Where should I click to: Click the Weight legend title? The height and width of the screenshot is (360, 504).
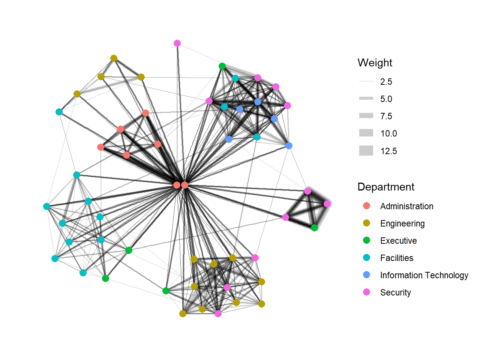tap(375, 63)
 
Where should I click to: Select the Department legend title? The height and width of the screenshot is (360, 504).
tap(385, 187)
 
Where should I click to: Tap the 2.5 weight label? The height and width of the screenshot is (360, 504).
tap(386, 82)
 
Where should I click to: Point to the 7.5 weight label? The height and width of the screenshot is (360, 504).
tap(386, 116)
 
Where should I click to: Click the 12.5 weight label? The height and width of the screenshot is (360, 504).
tap(388, 151)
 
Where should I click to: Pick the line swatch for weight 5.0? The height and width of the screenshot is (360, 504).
tap(366, 99)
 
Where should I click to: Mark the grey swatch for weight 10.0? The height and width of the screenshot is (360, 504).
tap(366, 133)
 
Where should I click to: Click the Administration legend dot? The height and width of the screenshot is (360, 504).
tap(367, 206)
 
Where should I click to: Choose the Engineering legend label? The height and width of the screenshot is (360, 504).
tap(402, 223)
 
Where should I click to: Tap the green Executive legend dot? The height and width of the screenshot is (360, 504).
tap(367, 240)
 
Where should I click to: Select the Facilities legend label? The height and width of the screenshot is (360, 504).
tap(396, 258)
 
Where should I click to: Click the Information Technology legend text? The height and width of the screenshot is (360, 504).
tap(424, 275)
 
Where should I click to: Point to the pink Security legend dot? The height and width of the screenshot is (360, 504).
tap(367, 292)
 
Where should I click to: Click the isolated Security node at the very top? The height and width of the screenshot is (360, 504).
tap(177, 43)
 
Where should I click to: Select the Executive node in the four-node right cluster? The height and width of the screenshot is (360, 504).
tap(314, 228)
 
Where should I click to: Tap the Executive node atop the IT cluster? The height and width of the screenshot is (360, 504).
tap(222, 66)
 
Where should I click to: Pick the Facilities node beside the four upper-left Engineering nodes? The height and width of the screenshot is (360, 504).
tap(59, 112)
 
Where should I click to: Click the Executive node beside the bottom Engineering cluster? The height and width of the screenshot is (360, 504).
tap(166, 291)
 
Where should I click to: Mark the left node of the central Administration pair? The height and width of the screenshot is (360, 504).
tap(177, 185)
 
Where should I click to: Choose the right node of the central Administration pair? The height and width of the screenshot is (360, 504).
tap(184, 185)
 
